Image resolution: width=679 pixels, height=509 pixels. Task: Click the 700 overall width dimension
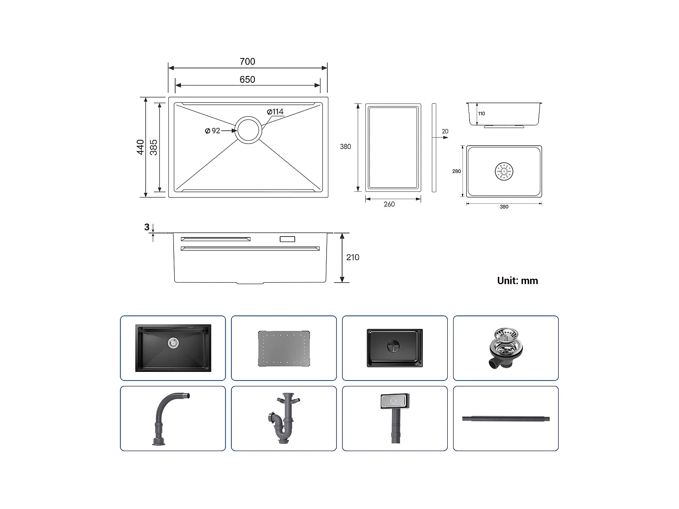[x=247, y=62]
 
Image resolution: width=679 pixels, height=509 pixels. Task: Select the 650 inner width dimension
[x=247, y=80]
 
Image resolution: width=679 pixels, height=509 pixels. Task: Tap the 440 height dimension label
[x=141, y=147]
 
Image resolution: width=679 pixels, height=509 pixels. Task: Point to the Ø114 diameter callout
[x=275, y=112]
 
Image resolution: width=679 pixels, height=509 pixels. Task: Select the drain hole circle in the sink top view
[x=248, y=130]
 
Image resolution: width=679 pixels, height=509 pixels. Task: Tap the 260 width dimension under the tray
[x=389, y=204]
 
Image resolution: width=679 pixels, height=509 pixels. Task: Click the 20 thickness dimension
[x=445, y=132]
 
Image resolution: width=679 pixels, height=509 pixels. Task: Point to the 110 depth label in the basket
[x=481, y=114]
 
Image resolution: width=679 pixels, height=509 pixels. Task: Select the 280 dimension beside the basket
[x=456, y=171]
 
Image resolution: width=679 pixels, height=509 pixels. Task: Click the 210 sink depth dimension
[x=353, y=257]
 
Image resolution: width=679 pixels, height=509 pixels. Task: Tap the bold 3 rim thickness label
[x=147, y=227]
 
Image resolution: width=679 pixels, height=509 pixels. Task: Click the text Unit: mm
[x=517, y=281]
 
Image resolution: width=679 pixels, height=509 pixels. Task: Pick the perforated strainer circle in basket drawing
[x=504, y=171]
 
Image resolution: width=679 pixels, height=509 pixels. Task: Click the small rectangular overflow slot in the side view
[x=287, y=239]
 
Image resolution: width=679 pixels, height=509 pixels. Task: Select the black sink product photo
[x=173, y=348]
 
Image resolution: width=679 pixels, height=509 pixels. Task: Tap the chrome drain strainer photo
[x=506, y=348]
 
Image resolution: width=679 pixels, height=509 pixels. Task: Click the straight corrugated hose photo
[x=506, y=419]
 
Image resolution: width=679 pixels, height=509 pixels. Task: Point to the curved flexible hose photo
[x=170, y=419]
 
